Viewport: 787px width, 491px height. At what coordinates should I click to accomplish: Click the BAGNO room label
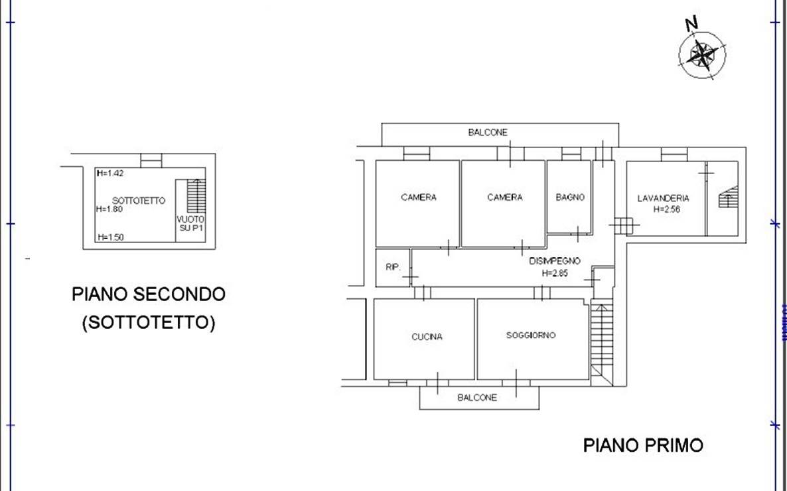tap(569, 197)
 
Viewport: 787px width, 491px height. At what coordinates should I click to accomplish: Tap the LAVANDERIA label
tap(663, 199)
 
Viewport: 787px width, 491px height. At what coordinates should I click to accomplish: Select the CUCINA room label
tap(427, 337)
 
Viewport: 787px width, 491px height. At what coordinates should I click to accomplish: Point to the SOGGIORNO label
tap(530, 336)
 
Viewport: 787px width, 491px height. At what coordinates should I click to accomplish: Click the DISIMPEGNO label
tap(555, 261)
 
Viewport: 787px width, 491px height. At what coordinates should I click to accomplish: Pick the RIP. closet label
tap(393, 267)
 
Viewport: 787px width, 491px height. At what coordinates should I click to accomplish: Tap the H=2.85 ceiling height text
tap(555, 274)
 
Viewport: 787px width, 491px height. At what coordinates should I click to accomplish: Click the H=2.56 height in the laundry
tap(666, 209)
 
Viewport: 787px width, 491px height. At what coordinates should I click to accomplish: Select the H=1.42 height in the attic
tap(110, 173)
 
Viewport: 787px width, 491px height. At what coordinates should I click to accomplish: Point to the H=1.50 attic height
tap(110, 237)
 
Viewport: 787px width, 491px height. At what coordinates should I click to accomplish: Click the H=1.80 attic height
tap(109, 209)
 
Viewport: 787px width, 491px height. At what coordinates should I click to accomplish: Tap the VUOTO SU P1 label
tap(190, 224)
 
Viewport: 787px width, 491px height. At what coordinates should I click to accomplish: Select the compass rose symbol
tap(702, 54)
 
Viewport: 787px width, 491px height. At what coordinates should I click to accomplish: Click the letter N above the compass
tap(691, 23)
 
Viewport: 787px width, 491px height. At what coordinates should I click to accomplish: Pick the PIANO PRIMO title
tap(643, 445)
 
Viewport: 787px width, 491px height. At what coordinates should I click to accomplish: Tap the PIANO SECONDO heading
tap(149, 294)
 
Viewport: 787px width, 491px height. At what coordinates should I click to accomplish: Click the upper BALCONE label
tap(488, 133)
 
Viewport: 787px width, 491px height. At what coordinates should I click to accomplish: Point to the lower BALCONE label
tap(477, 397)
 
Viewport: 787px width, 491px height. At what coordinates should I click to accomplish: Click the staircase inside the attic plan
tap(196, 196)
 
